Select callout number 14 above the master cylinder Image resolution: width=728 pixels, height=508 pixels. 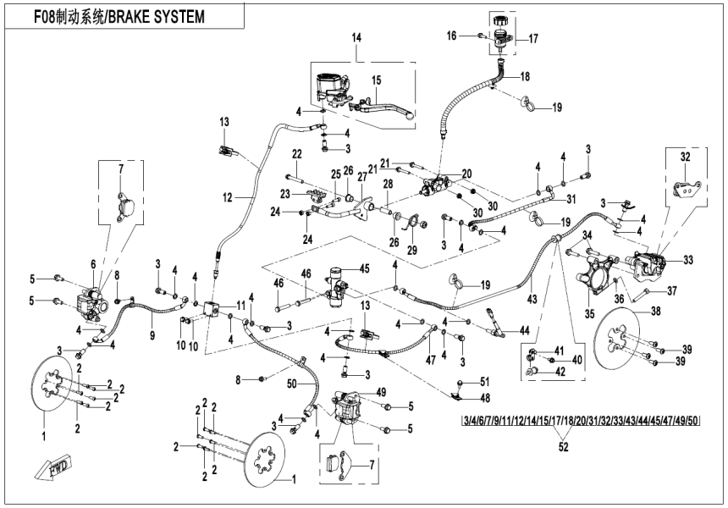(356, 39)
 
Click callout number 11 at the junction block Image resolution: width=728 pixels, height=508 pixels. (240, 306)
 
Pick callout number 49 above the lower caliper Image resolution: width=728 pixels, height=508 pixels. (381, 391)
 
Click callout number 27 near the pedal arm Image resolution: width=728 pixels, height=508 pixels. (363, 177)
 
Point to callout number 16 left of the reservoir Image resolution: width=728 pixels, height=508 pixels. (475, 35)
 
